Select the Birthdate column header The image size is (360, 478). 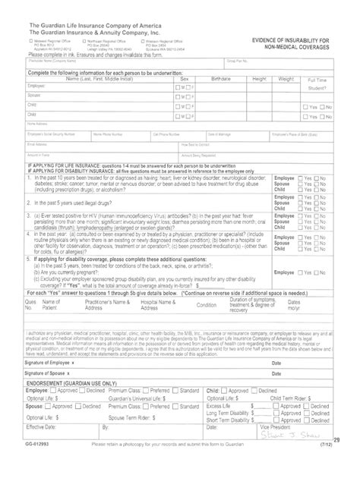pyautogui.click(x=220, y=99)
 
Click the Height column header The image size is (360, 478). pyautogui.click(x=260, y=99)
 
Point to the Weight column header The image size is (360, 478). pyautogui.click(x=286, y=99)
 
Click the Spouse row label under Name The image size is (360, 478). pyautogui.click(x=33, y=116)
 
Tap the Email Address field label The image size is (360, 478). pyautogui.click(x=38, y=143)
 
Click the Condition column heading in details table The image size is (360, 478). pyautogui.click(x=207, y=303)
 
